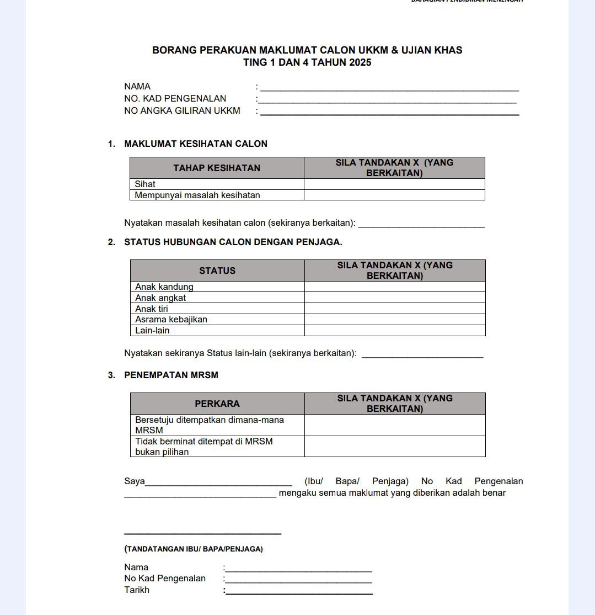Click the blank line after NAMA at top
click(x=389, y=88)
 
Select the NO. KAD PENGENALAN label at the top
click(x=175, y=99)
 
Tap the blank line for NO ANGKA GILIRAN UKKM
click(x=389, y=112)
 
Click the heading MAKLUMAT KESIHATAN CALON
click(x=196, y=144)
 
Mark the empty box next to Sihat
click(x=394, y=184)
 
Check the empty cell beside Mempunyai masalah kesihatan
click(x=394, y=195)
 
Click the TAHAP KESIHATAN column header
click(x=217, y=168)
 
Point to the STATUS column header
click(x=217, y=271)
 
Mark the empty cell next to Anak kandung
click(x=395, y=287)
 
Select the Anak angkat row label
click(x=160, y=298)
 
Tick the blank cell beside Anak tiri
click(x=395, y=309)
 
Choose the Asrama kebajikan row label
click(x=171, y=320)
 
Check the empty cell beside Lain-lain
click(x=395, y=331)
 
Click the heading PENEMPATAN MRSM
click(x=171, y=375)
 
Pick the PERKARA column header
click(x=217, y=404)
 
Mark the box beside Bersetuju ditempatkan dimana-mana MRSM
click(x=395, y=425)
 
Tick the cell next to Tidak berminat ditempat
click(x=395, y=447)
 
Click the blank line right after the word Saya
click(x=218, y=482)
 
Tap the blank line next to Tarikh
click(x=299, y=591)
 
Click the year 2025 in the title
click(x=360, y=62)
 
